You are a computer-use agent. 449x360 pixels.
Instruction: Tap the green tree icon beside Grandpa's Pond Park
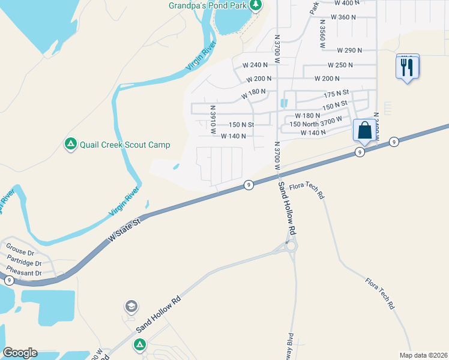pos(256,5)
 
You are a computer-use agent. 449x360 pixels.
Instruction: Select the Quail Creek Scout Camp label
pos(126,145)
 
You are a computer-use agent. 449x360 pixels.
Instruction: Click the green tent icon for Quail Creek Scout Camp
pos(70,144)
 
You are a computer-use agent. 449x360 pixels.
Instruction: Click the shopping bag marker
pos(364,130)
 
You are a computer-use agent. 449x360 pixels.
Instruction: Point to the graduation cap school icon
pos(130,307)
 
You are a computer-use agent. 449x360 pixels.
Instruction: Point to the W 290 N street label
pos(349,50)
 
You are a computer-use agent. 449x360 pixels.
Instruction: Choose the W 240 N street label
pos(255,65)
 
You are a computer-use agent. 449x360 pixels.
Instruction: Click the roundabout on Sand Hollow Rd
pos(291,246)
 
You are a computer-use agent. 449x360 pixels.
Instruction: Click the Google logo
pos(20,353)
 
